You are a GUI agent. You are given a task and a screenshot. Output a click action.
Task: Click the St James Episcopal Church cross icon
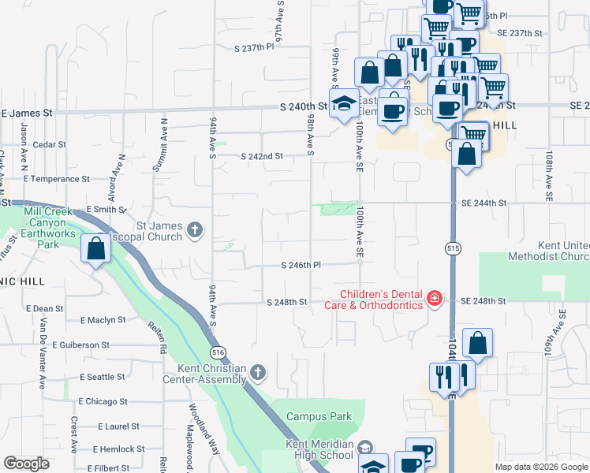[x=195, y=231]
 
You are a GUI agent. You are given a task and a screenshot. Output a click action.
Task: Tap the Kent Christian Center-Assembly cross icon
[x=257, y=371]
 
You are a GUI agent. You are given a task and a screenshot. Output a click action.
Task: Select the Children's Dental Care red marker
[x=434, y=298]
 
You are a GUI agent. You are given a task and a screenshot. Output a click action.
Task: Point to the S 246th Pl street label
[x=301, y=266]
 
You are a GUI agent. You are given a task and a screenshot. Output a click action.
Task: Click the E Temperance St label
[x=58, y=179]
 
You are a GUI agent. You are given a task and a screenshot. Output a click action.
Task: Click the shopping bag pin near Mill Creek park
[x=95, y=249]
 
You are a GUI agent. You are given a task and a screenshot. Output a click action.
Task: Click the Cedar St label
[x=48, y=144]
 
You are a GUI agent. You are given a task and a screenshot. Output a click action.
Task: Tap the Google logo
[x=26, y=464]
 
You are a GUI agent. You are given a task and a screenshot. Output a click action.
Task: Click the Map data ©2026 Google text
[x=541, y=467]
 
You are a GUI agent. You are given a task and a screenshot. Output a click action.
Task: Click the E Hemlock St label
[x=118, y=449]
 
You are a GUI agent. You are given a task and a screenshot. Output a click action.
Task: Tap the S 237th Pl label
[x=253, y=47]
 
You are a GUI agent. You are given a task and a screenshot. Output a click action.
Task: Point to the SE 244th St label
[x=484, y=203]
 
